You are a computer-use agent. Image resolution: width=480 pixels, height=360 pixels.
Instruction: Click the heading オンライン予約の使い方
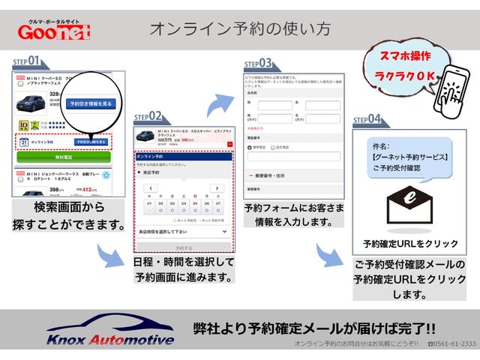pyautogui.click(x=240, y=30)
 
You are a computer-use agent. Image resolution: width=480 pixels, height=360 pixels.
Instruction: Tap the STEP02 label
pyautogui.click(x=147, y=116)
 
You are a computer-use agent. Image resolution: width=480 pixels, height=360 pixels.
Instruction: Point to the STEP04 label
pyautogui.click(x=367, y=119)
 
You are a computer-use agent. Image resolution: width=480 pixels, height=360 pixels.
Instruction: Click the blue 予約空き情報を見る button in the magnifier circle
pyautogui.click(x=91, y=103)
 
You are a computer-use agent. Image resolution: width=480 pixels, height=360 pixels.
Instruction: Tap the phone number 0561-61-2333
pyautogui.click(x=451, y=343)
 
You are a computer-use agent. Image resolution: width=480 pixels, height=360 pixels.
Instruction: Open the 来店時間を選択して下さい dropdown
pyautogui.click(x=183, y=232)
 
